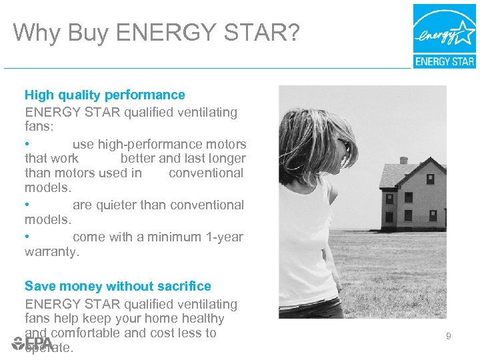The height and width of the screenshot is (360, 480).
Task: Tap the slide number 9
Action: (x=449, y=337)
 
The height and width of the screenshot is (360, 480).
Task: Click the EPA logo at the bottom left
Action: (x=32, y=344)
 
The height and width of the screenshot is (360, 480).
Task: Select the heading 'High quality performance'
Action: (x=105, y=95)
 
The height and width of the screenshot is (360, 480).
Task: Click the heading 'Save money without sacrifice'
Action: (x=118, y=287)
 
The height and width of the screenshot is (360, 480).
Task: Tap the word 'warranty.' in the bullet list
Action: (x=52, y=252)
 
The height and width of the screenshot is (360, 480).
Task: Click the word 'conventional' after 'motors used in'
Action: (x=206, y=173)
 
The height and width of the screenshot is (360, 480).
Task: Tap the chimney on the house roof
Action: (x=404, y=161)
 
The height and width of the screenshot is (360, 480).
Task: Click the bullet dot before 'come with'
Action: (x=27, y=237)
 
